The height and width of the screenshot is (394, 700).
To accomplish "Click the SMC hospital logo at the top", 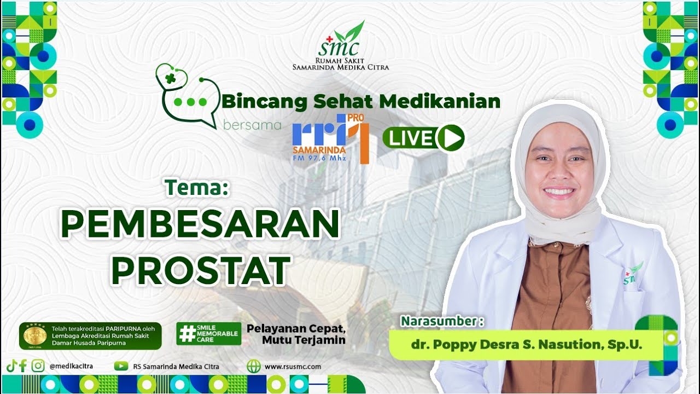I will [341, 46].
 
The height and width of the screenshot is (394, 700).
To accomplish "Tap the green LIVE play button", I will [424, 138].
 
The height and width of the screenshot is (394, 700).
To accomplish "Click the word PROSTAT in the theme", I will [201, 269].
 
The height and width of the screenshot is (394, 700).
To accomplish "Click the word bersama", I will [252, 125].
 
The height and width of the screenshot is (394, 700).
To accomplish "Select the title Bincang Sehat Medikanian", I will [361, 101].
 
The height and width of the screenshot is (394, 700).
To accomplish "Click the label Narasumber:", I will [442, 321].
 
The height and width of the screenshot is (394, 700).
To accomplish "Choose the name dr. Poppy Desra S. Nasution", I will [526, 345].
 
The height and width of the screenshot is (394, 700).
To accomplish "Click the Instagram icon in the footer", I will [38, 366].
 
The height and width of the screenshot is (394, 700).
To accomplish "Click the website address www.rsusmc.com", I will [293, 367].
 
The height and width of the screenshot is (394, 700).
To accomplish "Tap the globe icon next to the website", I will [254, 367].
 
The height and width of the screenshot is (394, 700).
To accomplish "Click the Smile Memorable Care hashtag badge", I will [208, 333].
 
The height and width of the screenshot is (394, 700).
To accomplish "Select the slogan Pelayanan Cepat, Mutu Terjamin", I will [296, 334].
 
